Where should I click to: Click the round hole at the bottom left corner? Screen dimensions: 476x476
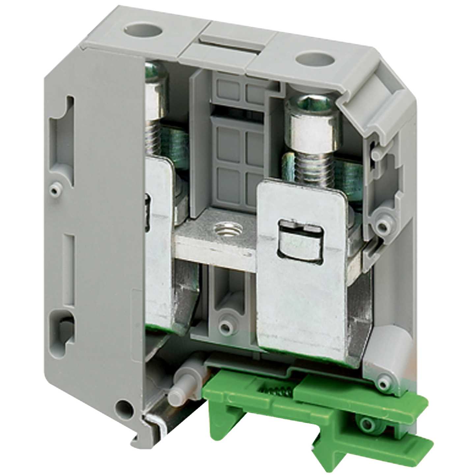(125, 408)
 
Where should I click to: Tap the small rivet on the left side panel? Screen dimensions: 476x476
(53, 189)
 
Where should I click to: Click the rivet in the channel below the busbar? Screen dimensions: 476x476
(226, 326)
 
